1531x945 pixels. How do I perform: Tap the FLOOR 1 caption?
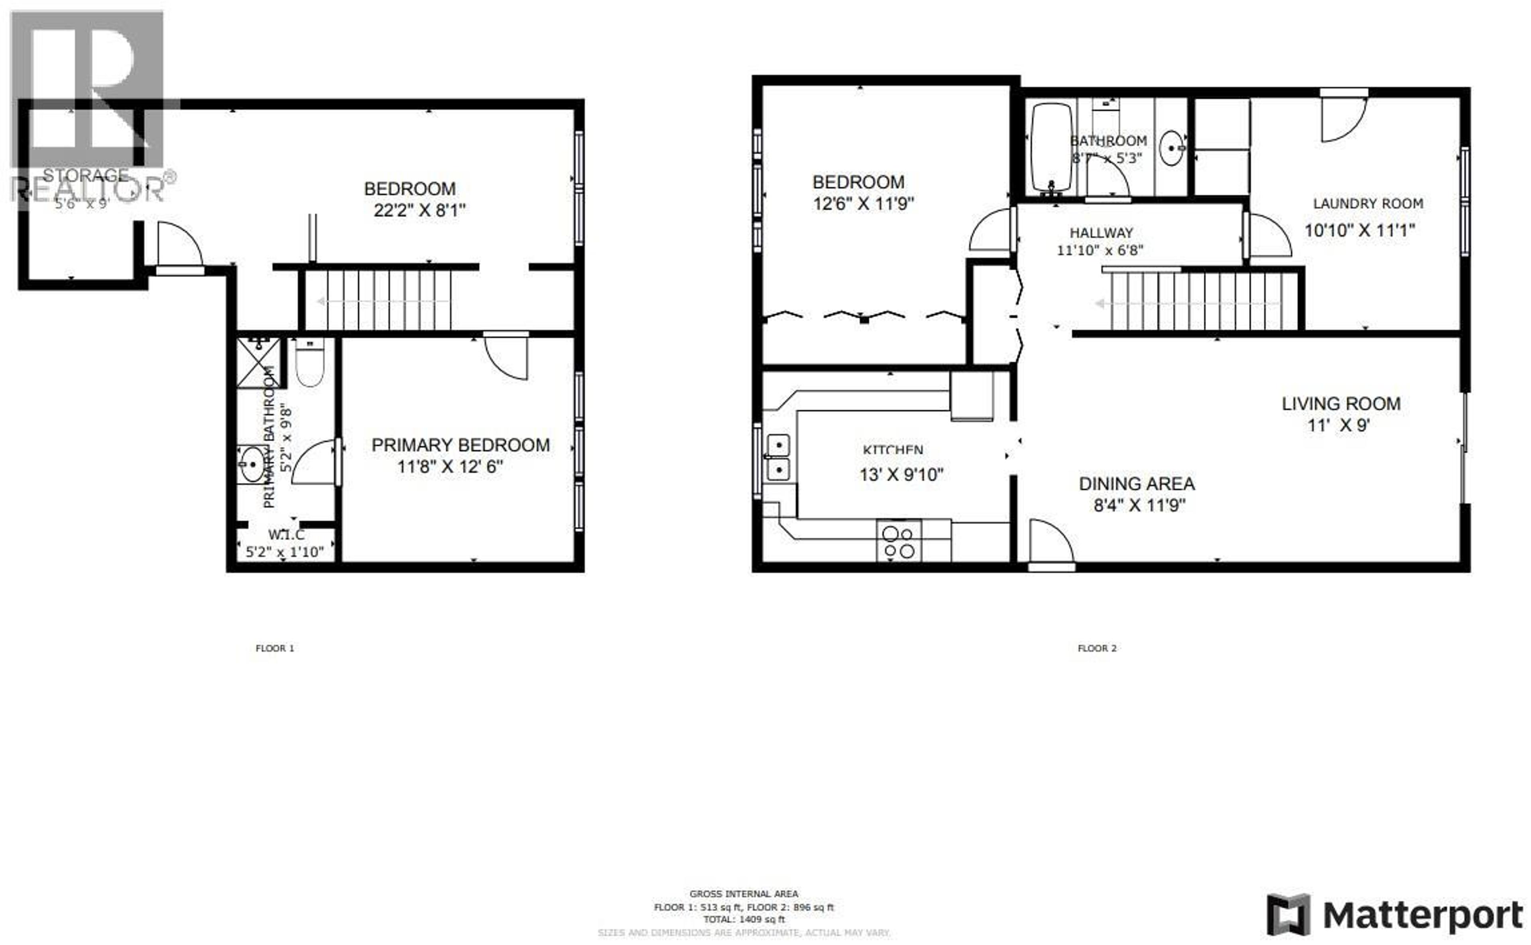pyautogui.click(x=274, y=648)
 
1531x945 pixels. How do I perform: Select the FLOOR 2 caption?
pyautogui.click(x=1097, y=648)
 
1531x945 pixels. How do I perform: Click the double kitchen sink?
pyautogui.click(x=778, y=457)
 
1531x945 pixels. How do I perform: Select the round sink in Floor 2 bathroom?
pyautogui.click(x=1171, y=148)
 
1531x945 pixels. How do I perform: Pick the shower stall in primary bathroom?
pyautogui.click(x=258, y=362)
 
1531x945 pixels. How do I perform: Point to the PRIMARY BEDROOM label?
pyautogui.click(x=460, y=445)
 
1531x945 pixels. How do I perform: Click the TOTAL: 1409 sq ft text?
pyautogui.click(x=744, y=919)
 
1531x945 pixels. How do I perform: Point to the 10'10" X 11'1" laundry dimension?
pyautogui.click(x=1359, y=230)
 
